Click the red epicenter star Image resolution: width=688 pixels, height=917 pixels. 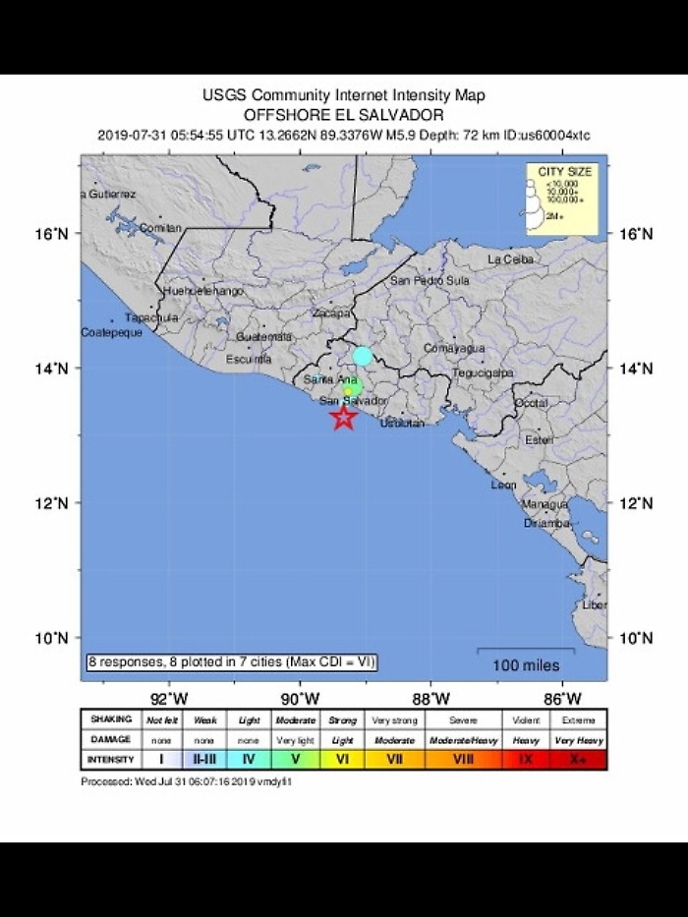click(x=343, y=418)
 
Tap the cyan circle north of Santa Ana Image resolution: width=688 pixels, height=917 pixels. click(x=363, y=356)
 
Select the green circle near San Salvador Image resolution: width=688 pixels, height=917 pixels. click(x=353, y=388)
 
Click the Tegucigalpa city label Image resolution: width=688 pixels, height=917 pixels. click(x=484, y=373)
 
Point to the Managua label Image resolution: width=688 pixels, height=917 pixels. click(x=545, y=504)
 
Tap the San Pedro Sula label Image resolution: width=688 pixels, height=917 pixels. click(x=430, y=280)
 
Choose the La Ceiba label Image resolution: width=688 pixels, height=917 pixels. click(x=510, y=259)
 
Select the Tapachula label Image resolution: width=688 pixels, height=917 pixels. click(x=151, y=317)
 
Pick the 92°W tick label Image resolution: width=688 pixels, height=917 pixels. click(x=169, y=699)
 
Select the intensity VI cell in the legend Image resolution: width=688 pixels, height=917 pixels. click(x=342, y=759)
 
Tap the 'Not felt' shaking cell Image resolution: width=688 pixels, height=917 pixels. click(x=161, y=720)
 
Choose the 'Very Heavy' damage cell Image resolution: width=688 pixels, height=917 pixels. click(x=578, y=740)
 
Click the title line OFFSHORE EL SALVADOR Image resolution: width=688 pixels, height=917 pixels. click(x=343, y=114)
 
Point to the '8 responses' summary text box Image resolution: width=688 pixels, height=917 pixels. click(x=231, y=663)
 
